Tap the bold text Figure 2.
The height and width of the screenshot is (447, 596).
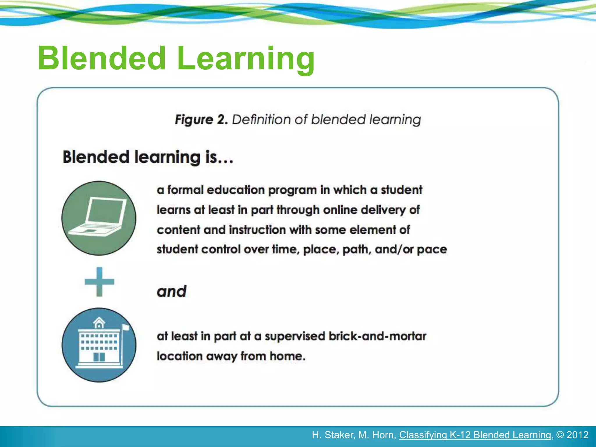click(x=201, y=120)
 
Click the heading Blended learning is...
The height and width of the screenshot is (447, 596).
click(x=148, y=157)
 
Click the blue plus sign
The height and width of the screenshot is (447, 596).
click(x=99, y=282)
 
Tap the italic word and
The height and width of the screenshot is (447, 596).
click(x=171, y=292)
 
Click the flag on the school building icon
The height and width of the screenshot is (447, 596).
click(x=126, y=327)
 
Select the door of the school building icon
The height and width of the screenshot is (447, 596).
click(x=99, y=356)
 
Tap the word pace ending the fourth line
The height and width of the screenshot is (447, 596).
click(x=432, y=250)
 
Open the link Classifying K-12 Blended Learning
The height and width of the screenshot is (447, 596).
click(x=475, y=435)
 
